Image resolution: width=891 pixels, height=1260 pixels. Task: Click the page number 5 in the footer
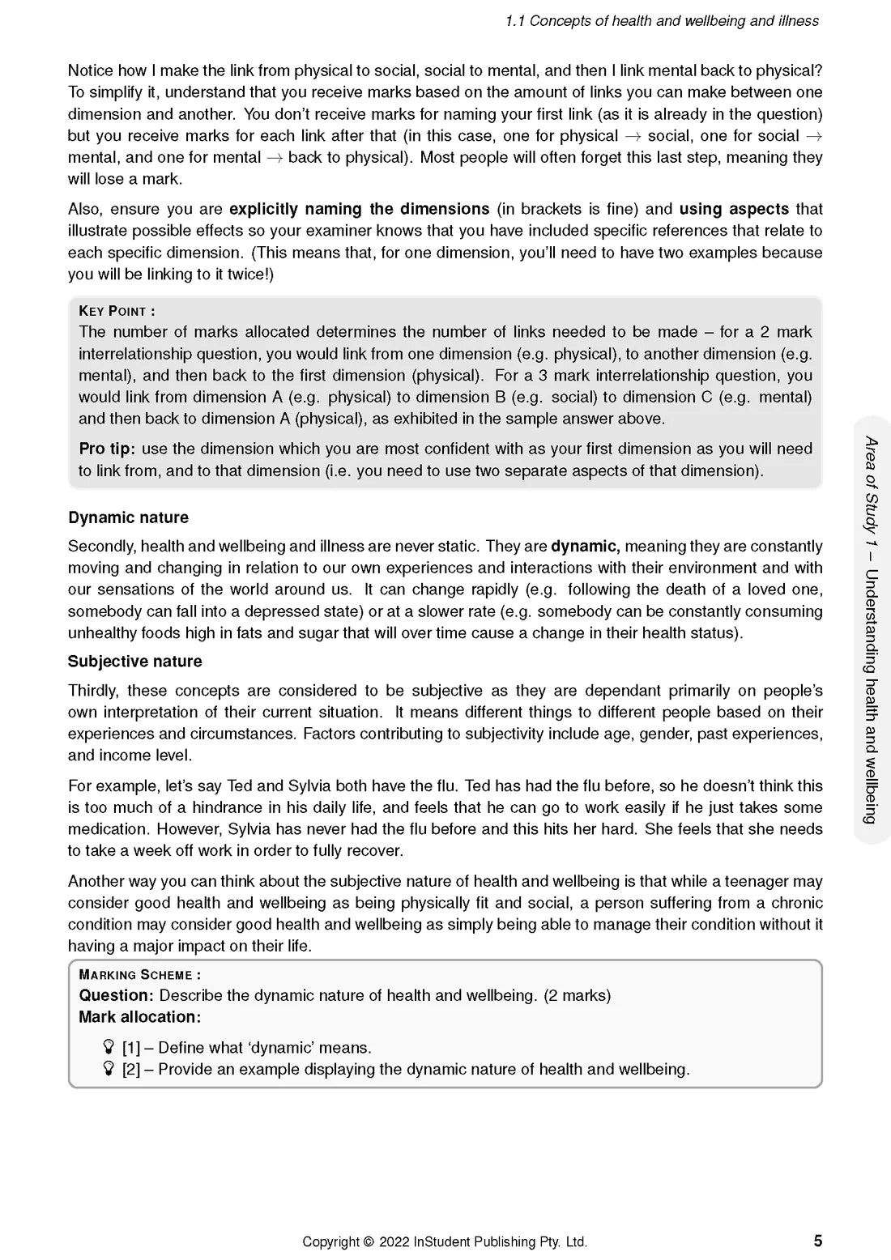818,1241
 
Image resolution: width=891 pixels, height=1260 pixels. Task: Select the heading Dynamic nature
128,518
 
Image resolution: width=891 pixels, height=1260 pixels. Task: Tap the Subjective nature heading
134,662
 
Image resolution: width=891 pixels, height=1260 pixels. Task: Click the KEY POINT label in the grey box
117,311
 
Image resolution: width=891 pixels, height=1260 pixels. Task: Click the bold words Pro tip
107,449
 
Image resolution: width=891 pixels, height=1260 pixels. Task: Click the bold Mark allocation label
139,1017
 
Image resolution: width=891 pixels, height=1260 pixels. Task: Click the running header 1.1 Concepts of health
662,21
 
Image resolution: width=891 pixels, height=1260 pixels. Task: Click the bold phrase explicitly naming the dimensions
359,209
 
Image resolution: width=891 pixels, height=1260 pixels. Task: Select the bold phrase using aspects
734,209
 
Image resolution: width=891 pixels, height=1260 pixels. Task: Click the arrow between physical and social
633,136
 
